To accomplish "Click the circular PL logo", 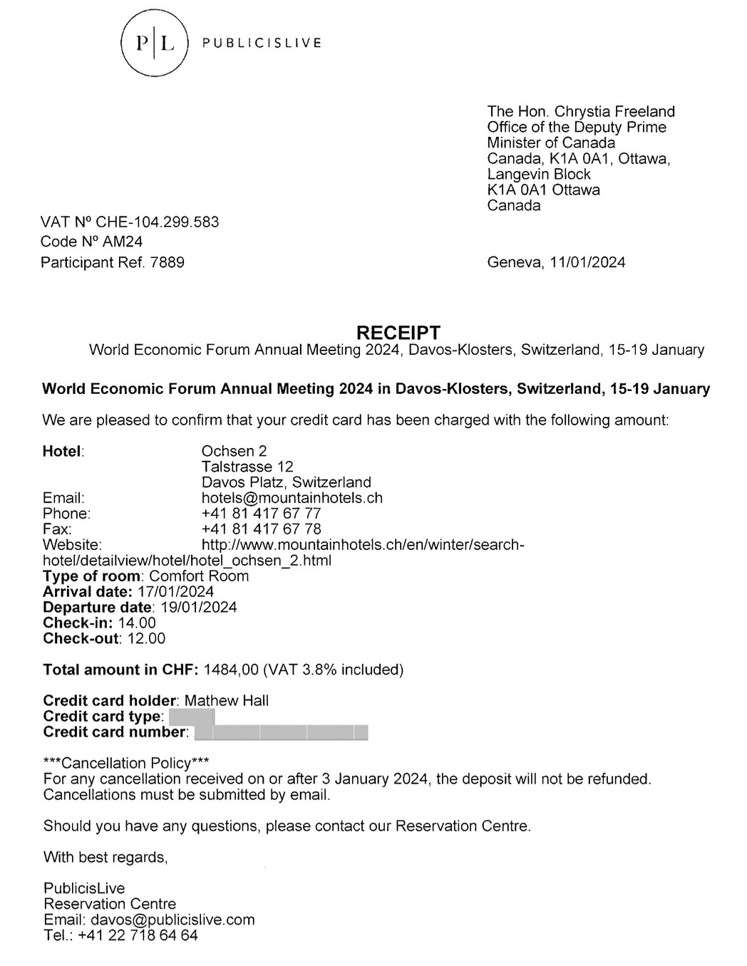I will tap(155, 43).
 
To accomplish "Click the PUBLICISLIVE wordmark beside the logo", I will tap(262, 43).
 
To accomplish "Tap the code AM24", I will tap(123, 242).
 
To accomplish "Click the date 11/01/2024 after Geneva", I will tap(587, 263).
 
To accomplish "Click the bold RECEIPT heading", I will tap(398, 333).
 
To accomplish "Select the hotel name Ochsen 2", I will tap(234, 452).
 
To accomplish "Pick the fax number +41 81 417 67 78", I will tap(261, 529).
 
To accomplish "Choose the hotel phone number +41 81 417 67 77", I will tap(261, 514).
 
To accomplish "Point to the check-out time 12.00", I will tap(146, 639).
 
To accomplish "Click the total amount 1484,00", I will tap(230, 670).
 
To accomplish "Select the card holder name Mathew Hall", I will tap(226, 701).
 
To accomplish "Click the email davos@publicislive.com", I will tap(172, 920).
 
